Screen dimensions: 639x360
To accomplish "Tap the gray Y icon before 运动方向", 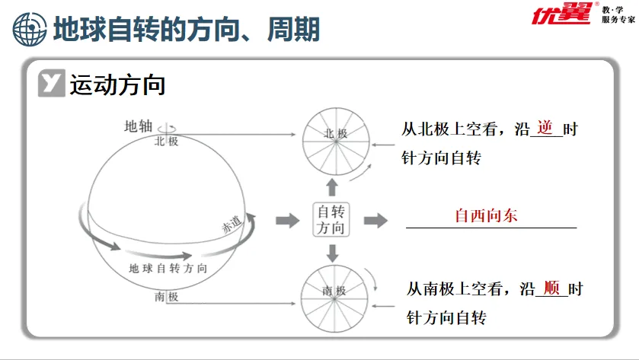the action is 52,85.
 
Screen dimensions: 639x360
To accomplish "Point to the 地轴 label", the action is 138,126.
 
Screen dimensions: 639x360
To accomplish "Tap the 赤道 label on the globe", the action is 231,225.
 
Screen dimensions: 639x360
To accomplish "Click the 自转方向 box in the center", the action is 331,220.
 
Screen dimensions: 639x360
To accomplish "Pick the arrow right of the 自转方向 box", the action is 375,221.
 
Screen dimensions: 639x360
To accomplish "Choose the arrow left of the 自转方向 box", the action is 287,221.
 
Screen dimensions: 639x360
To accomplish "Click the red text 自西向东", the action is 486,215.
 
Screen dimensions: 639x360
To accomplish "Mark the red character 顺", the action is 552,288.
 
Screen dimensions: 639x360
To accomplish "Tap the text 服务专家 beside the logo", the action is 618,20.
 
